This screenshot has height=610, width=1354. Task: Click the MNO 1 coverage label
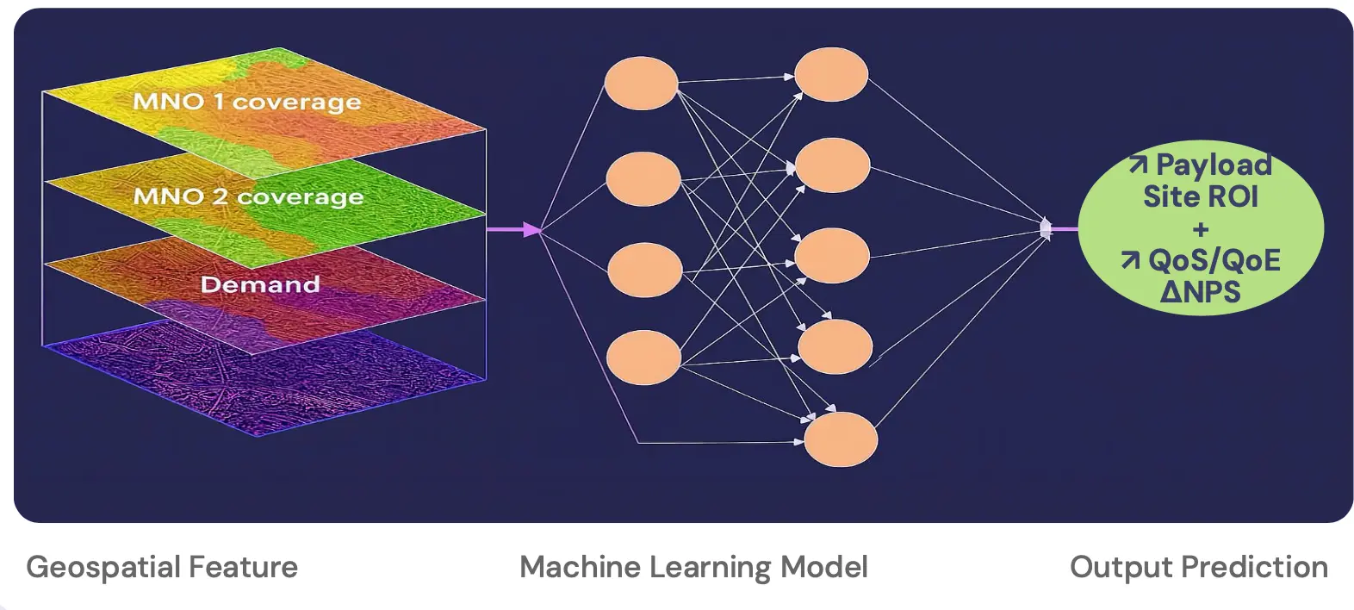[246, 102]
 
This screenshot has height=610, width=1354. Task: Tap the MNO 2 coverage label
[248, 197]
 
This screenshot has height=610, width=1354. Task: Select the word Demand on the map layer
[259, 284]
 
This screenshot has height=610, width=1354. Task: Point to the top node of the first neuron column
[641, 83]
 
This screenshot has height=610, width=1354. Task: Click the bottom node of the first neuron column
[643, 357]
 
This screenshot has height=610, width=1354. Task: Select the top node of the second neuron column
[830, 74]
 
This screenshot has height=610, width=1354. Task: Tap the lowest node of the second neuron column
[840, 439]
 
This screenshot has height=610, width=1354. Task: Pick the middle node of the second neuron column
[831, 256]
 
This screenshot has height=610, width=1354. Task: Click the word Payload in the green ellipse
[1213, 165]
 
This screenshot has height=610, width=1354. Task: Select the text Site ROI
[1200, 196]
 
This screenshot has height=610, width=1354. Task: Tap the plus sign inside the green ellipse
[1200, 230]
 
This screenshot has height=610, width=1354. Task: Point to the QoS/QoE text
[1214, 260]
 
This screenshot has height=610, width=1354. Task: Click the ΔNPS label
[1200, 292]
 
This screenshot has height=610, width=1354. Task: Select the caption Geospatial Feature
[162, 567]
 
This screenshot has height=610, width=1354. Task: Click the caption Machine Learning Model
[693, 567]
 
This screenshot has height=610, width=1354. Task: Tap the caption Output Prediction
[1198, 567]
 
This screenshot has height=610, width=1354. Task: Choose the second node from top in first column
[643, 178]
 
